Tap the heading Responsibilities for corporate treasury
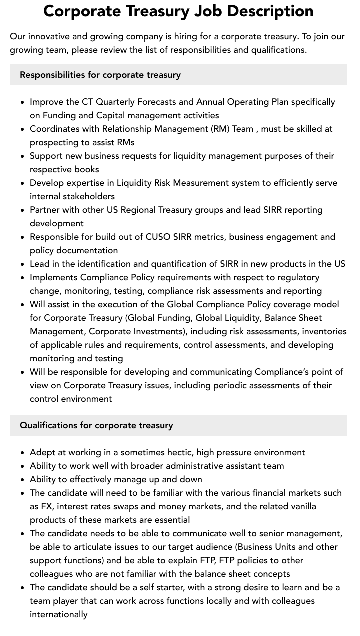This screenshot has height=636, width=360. click(100, 75)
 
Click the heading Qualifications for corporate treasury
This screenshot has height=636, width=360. click(96, 425)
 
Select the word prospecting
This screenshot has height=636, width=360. click(56, 142)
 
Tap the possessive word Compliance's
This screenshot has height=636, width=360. click(283, 372)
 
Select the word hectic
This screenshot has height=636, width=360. click(178, 452)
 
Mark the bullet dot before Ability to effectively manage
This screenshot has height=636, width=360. click(23, 480)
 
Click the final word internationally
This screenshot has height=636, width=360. click(58, 614)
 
